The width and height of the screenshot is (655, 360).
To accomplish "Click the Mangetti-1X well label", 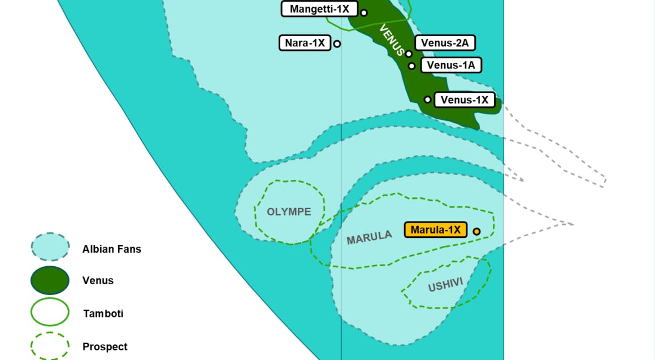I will pyautogui.click(x=319, y=9).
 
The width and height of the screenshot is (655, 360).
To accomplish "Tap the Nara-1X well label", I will pyautogui.click(x=305, y=43).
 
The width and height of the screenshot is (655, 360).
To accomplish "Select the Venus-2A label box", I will pyautogui.click(x=445, y=42).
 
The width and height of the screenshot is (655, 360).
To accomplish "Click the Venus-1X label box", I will pyautogui.click(x=464, y=100).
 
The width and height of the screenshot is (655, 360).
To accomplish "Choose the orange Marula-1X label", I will pyautogui.click(x=436, y=230).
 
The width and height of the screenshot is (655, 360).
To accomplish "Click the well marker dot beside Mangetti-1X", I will pyautogui.click(x=364, y=12).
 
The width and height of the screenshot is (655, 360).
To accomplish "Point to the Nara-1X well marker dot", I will pyautogui.click(x=337, y=44).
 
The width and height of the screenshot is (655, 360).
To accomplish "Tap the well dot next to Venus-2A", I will pyautogui.click(x=409, y=54).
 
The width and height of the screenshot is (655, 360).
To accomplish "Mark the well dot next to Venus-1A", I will pyautogui.click(x=412, y=66).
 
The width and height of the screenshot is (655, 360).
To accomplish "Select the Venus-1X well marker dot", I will pyautogui.click(x=428, y=100).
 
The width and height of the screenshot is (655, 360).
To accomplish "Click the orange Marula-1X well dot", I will pyautogui.click(x=476, y=231).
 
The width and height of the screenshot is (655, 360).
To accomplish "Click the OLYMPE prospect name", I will pyautogui.click(x=289, y=212).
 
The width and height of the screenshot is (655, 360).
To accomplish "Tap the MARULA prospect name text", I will pyautogui.click(x=369, y=237).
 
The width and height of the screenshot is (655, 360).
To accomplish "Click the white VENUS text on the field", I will pyautogui.click(x=392, y=40).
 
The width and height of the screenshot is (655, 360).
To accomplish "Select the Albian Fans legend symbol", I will pyautogui.click(x=50, y=248).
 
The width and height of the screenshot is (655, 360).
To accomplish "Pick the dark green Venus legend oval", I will pyautogui.click(x=50, y=280).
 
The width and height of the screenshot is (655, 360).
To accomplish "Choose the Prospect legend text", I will pyautogui.click(x=105, y=346).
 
